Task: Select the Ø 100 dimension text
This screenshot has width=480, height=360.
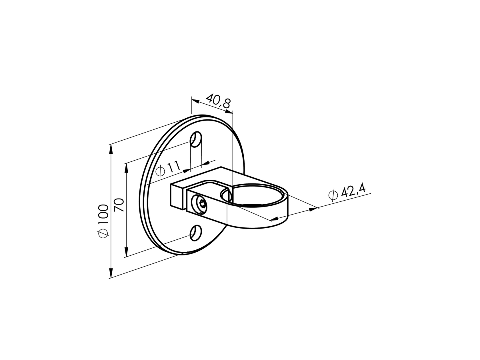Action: (x=103, y=221)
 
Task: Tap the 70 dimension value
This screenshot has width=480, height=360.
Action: (x=119, y=205)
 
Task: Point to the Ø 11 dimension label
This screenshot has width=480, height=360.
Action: (x=169, y=169)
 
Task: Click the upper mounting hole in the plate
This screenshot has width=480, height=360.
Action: (x=196, y=139)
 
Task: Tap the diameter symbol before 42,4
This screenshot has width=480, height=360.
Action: (x=332, y=197)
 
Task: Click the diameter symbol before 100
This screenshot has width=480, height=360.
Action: (x=103, y=234)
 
